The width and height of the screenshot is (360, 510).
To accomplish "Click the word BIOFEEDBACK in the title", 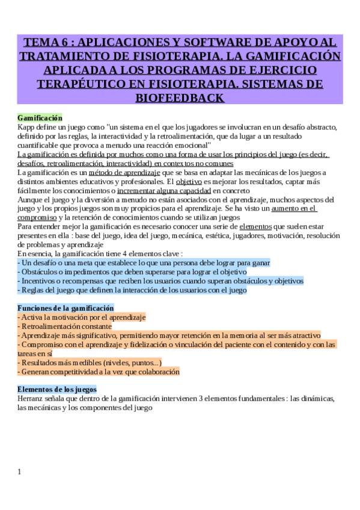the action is [x=180, y=97].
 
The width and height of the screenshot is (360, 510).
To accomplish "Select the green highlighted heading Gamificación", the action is [x=40, y=118].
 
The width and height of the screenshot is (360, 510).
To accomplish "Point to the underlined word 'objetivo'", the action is [x=189, y=182].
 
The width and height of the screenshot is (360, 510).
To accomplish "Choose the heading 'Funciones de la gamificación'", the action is [x=66, y=308].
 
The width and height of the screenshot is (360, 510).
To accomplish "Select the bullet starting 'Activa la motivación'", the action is [x=82, y=317].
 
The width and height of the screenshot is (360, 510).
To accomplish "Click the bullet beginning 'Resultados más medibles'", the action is [x=90, y=363].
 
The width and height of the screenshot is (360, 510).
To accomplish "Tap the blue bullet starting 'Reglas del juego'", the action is [x=132, y=290].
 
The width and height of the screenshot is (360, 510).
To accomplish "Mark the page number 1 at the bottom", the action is [x=19, y=472].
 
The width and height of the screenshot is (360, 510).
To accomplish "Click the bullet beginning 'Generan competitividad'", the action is [x=99, y=372].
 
